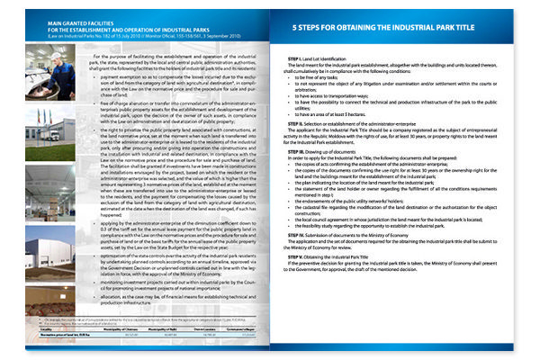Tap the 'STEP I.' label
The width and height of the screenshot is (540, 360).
pyautogui.click(x=290, y=58)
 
